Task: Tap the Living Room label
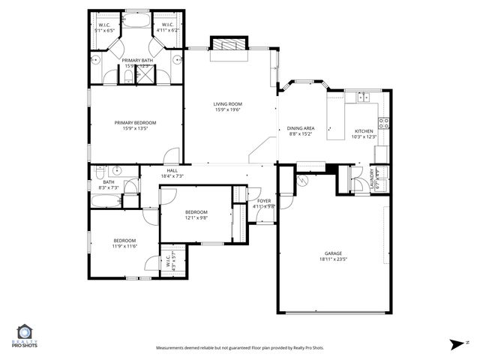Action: [x=227, y=104]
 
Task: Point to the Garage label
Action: [x=333, y=253]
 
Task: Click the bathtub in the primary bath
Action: [x=136, y=22]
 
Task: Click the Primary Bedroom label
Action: [x=135, y=122]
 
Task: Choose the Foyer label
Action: [x=264, y=201]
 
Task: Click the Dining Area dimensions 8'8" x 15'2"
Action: [x=300, y=135]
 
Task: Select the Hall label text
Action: [x=172, y=170]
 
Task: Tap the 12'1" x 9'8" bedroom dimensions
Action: [x=196, y=218]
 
